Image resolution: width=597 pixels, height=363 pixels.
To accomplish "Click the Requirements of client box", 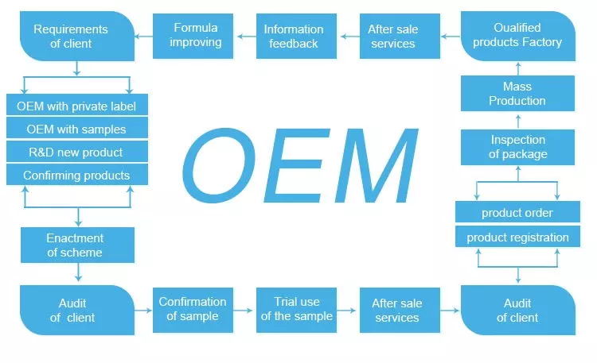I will pyautogui.click(x=76, y=37).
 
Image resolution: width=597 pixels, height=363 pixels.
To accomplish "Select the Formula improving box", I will pyautogui.click(x=195, y=35).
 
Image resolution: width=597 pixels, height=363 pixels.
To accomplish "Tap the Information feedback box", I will pyautogui.click(x=294, y=36).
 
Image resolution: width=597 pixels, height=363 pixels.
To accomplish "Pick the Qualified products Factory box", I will pyautogui.click(x=517, y=36).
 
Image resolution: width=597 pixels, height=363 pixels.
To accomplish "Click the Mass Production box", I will pyautogui.click(x=517, y=94).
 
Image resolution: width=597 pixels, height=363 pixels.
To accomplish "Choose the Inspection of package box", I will pyautogui.click(x=517, y=147).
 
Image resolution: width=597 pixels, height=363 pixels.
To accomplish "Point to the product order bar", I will pyautogui.click(x=517, y=213).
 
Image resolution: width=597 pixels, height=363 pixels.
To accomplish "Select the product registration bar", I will pyautogui.click(x=517, y=237).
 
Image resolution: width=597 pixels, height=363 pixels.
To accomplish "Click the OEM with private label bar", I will pyautogui.click(x=76, y=106).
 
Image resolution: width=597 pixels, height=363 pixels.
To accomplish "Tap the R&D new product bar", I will pyautogui.click(x=76, y=152).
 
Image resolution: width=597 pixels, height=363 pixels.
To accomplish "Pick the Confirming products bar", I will pyautogui.click(x=76, y=175).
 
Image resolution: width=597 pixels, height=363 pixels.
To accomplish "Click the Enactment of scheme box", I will pyautogui.click(x=76, y=245).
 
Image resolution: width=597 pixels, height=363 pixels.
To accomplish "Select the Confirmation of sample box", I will pyautogui.click(x=193, y=309).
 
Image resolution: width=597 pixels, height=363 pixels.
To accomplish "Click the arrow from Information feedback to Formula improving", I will pyautogui.click(x=245, y=36).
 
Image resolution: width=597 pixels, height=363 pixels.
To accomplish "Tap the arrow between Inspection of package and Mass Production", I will pyautogui.click(x=517, y=121).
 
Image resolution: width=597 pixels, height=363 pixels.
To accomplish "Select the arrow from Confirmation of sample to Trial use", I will pyautogui.click(x=244, y=310).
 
